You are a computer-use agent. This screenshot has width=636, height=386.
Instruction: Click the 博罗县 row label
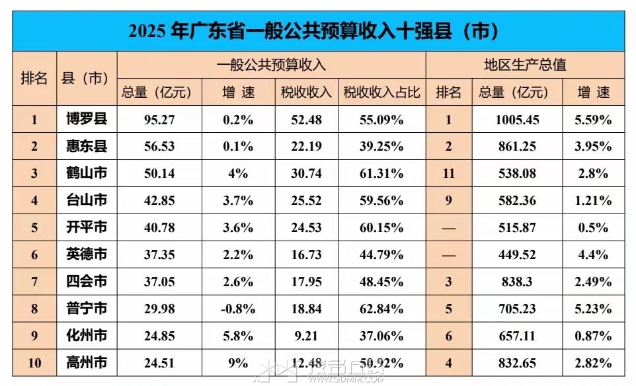pos(87,120)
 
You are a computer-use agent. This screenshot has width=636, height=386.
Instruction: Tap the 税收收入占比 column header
pos(381,93)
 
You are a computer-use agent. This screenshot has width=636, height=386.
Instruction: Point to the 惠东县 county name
pos(87,147)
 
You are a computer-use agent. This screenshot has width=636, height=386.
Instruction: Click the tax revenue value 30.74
pos(305,174)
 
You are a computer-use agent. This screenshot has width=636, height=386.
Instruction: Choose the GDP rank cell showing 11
pos(448,174)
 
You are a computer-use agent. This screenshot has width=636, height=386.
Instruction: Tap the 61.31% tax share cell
pos(381,174)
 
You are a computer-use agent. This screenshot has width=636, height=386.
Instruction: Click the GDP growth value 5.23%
pos(593,309)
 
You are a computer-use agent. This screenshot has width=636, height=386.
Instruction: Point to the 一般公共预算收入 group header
pos(271,65)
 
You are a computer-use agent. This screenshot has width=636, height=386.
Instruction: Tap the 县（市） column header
pos(87,78)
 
